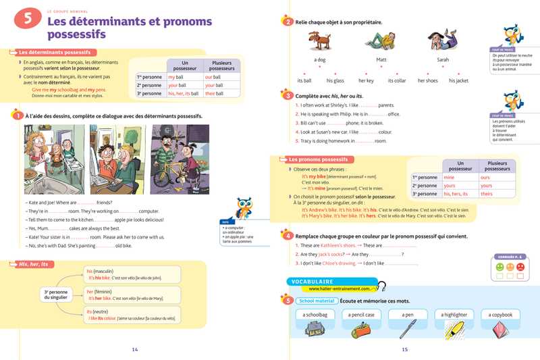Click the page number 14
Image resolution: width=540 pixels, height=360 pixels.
tap(134, 349)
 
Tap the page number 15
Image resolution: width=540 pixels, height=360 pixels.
tap(404, 349)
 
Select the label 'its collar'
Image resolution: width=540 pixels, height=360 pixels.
tap(397, 80)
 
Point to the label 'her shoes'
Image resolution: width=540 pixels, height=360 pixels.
tap(427, 80)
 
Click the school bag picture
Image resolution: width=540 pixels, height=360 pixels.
tap(315, 329)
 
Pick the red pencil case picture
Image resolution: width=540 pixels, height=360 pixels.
tap(361, 330)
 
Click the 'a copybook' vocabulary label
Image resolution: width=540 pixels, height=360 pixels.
tap(500, 315)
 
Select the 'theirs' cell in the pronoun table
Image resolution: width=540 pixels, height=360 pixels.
tap(486, 194)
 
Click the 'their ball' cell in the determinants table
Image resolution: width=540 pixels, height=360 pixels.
tap(213, 94)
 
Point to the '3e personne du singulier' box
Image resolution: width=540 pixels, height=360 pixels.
tap(56, 294)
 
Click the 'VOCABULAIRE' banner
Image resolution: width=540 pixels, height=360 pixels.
tap(313, 281)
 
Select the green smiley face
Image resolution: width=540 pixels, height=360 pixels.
tap(500, 267)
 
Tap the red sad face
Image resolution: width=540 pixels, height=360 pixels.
tap(520, 267)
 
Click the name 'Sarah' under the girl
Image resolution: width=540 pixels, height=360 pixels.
tap(443, 59)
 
